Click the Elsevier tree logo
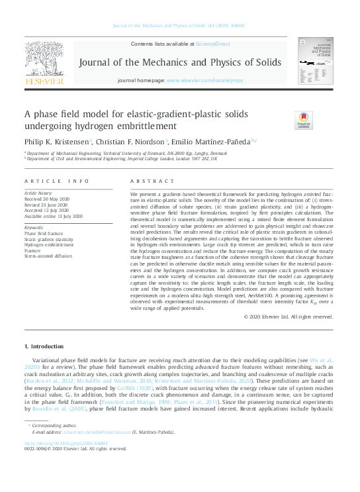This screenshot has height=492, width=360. [44, 61]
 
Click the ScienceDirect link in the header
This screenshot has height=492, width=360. [212, 43]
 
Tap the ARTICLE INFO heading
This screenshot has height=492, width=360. [56, 181]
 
